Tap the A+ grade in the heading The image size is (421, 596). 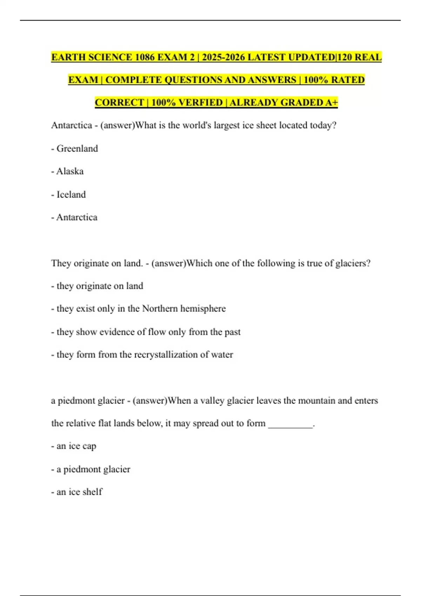(x=332, y=102)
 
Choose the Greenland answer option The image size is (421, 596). (x=77, y=149)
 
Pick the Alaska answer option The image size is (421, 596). (x=70, y=171)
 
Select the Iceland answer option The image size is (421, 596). (x=71, y=195)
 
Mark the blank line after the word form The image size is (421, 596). (x=290, y=424)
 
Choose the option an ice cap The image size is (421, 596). (x=76, y=446)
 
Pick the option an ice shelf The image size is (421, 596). (x=79, y=492)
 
